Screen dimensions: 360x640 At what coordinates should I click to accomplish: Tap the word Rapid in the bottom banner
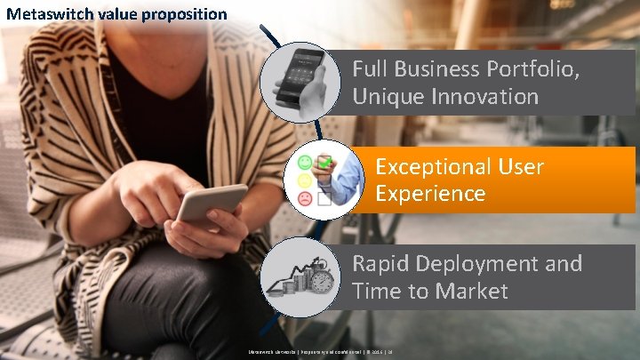(x=382, y=264)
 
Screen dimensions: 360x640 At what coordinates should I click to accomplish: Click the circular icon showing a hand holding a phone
(x=299, y=83)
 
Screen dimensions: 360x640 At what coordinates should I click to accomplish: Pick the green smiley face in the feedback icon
(x=305, y=162)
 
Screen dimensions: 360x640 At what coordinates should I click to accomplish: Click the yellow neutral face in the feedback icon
(x=305, y=180)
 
